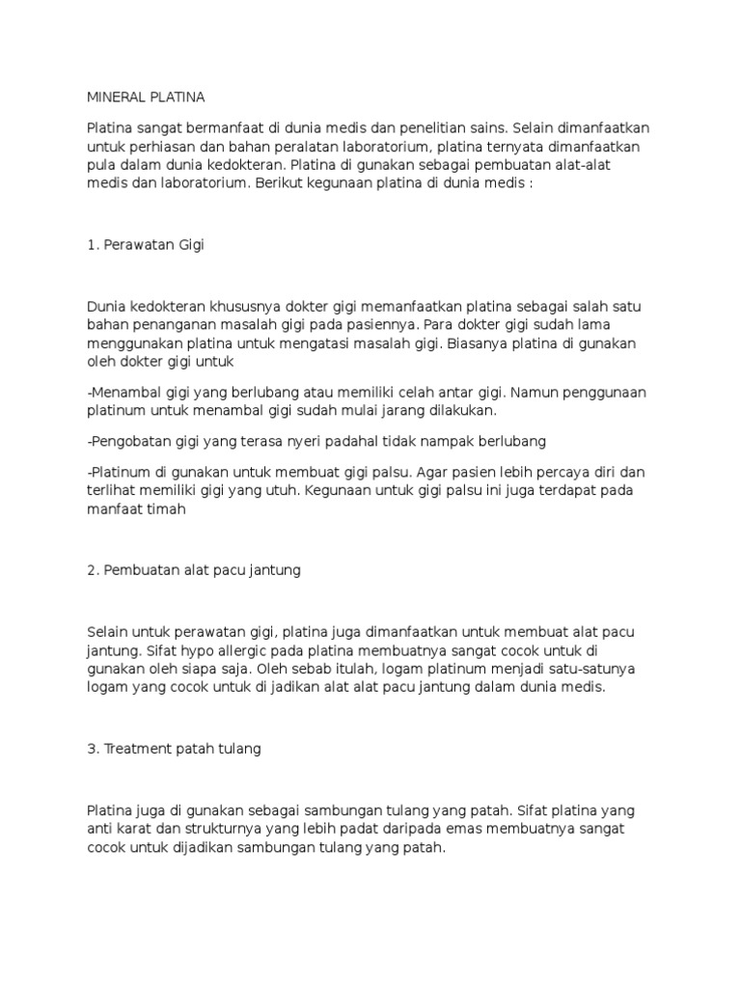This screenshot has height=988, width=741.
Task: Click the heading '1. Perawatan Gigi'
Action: coord(146,245)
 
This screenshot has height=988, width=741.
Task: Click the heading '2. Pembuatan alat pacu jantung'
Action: coord(194,570)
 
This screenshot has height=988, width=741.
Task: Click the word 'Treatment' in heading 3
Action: coord(133,749)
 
